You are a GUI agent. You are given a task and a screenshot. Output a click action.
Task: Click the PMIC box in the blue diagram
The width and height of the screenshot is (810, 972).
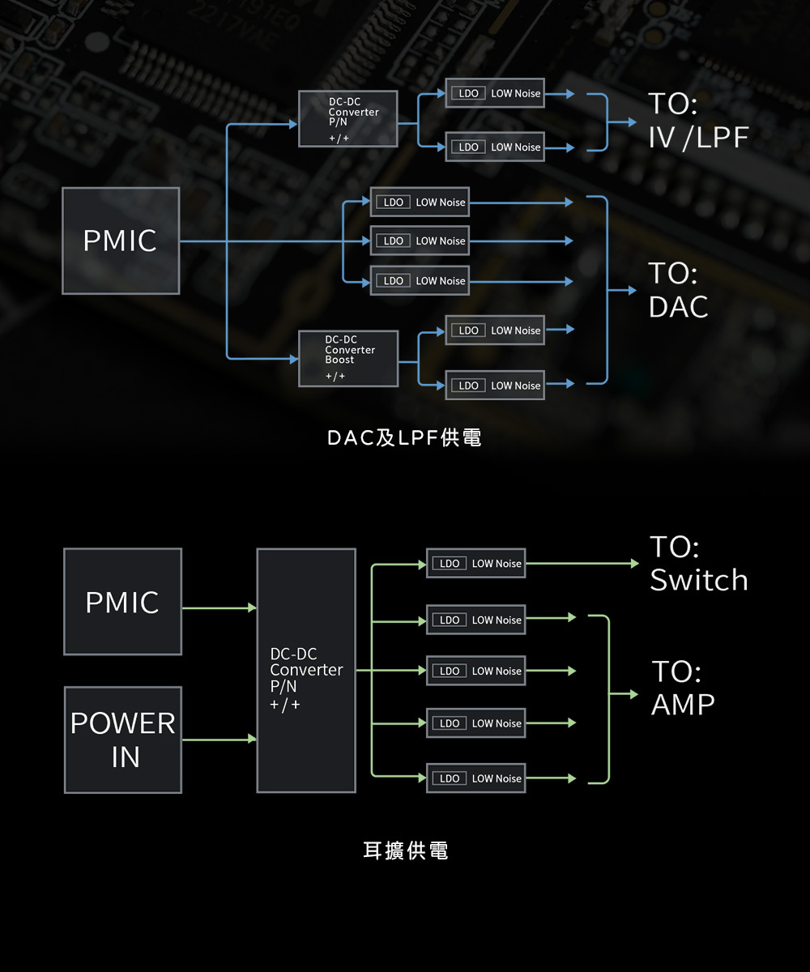(121, 241)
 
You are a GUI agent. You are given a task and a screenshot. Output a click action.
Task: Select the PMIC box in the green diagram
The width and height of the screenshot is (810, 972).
(123, 602)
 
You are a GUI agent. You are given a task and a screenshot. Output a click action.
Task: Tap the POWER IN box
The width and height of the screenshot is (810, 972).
(123, 740)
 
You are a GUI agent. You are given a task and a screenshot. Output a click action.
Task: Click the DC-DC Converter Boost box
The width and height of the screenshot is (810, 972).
(348, 359)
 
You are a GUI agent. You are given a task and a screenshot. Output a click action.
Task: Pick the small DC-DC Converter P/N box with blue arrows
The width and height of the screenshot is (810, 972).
(347, 119)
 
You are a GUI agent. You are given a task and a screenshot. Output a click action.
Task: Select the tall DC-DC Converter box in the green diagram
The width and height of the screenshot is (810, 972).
(306, 671)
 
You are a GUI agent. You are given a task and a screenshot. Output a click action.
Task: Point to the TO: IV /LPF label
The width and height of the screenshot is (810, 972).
(698, 121)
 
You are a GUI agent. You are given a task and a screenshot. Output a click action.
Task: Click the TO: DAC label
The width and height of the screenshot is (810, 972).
(678, 290)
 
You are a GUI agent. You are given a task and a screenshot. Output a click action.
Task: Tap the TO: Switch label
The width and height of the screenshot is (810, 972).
(699, 563)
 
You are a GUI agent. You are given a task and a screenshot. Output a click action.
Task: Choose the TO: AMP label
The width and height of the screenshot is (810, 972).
(683, 688)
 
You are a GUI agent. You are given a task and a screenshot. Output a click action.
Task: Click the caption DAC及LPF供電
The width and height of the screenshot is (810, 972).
(404, 438)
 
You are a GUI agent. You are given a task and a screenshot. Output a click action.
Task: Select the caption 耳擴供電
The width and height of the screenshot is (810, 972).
(406, 850)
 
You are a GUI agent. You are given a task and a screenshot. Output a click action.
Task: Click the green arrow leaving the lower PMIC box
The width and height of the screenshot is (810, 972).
(220, 607)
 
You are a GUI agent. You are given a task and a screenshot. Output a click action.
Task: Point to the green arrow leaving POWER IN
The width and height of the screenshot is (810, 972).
(220, 739)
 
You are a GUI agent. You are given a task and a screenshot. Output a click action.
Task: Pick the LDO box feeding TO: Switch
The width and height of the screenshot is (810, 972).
(475, 563)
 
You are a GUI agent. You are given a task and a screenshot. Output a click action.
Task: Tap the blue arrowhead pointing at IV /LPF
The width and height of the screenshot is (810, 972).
(632, 122)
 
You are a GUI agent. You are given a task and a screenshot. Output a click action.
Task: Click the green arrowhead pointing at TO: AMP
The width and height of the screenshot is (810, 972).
(634, 694)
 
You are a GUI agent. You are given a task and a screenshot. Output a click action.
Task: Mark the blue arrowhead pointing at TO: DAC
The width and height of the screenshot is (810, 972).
(632, 291)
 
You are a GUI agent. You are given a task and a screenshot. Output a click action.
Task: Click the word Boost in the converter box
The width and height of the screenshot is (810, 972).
(339, 360)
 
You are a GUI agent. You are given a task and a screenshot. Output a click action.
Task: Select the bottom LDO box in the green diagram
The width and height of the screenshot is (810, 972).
(475, 778)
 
